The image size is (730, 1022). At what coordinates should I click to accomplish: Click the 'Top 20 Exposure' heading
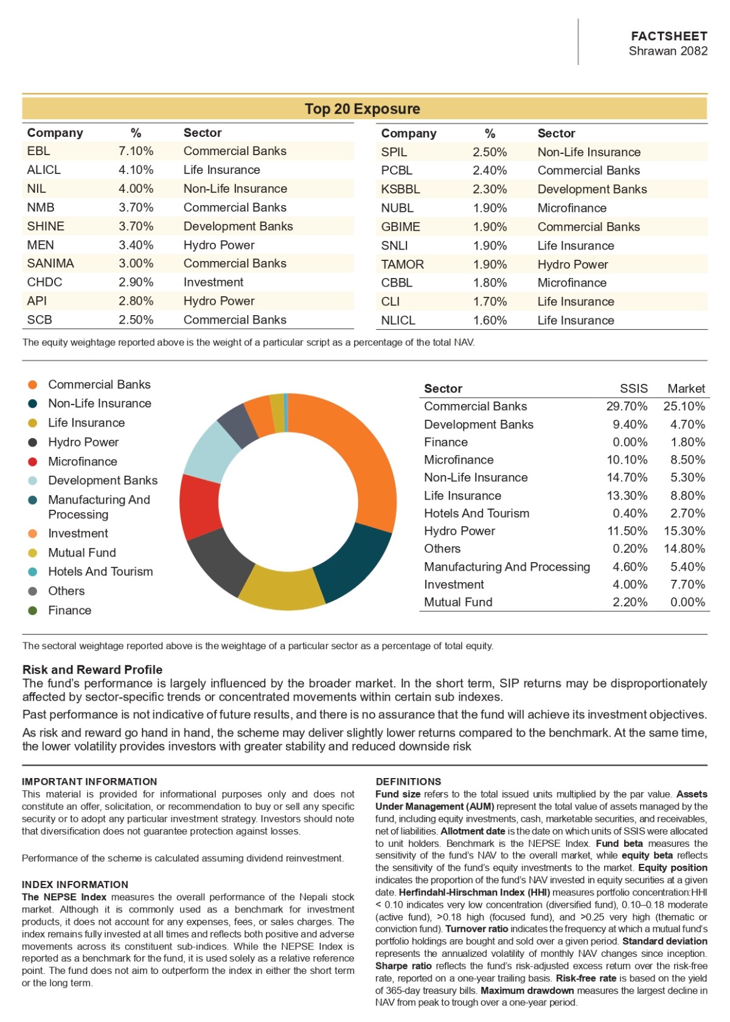[x=363, y=108]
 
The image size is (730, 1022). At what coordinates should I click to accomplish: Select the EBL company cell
[x=38, y=151]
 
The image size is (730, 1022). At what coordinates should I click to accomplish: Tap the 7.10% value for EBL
[x=136, y=151]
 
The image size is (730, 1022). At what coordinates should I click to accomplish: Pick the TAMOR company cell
[x=403, y=264]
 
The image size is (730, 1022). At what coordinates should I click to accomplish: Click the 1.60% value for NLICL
[x=490, y=320]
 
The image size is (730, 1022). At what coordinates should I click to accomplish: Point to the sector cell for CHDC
[x=214, y=282]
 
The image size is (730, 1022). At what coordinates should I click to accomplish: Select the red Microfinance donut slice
[x=200, y=506]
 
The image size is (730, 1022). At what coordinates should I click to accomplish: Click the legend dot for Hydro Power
[x=32, y=442]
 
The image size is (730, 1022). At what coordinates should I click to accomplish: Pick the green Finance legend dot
[x=32, y=611]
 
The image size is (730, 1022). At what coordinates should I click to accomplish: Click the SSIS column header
[x=633, y=388]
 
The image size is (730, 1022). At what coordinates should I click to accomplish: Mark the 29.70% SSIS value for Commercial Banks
[x=627, y=406]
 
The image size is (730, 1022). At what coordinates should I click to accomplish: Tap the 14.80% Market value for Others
[x=684, y=549]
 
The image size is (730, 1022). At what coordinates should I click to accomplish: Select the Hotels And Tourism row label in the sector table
[x=476, y=513]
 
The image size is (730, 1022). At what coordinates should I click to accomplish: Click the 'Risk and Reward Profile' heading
[x=92, y=669]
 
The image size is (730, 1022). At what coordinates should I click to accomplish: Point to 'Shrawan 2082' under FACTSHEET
[x=668, y=50]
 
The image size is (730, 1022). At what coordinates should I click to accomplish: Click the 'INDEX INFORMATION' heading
[x=75, y=885]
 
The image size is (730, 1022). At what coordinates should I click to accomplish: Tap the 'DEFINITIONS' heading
[x=408, y=782]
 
